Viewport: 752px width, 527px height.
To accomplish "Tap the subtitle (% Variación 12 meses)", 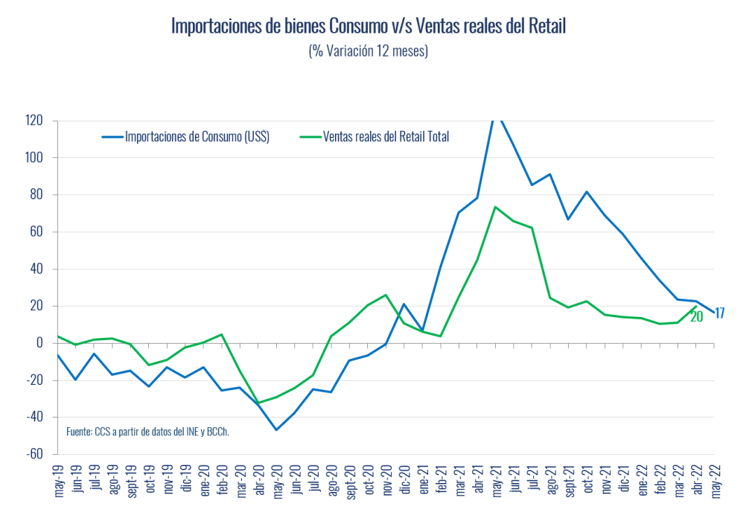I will (368, 51).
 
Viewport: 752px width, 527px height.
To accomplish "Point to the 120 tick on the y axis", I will (34, 121).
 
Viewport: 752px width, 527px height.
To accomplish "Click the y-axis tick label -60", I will (34, 454).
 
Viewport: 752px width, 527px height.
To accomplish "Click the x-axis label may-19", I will (58, 482).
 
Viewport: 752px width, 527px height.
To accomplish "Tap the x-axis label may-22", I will (716, 482).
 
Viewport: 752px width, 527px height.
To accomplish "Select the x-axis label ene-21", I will (423, 482).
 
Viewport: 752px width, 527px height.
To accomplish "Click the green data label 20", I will (696, 316).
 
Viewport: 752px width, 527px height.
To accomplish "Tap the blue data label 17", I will (719, 313).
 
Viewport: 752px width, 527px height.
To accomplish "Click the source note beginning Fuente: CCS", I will (147, 431).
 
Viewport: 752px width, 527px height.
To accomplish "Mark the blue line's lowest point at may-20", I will (276, 429).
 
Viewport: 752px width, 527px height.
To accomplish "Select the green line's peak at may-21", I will (495, 207).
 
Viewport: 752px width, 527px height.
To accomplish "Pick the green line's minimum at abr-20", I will (258, 403).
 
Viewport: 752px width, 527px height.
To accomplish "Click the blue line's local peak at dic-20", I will (404, 304).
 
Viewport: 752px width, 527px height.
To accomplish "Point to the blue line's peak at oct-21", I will (587, 191).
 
